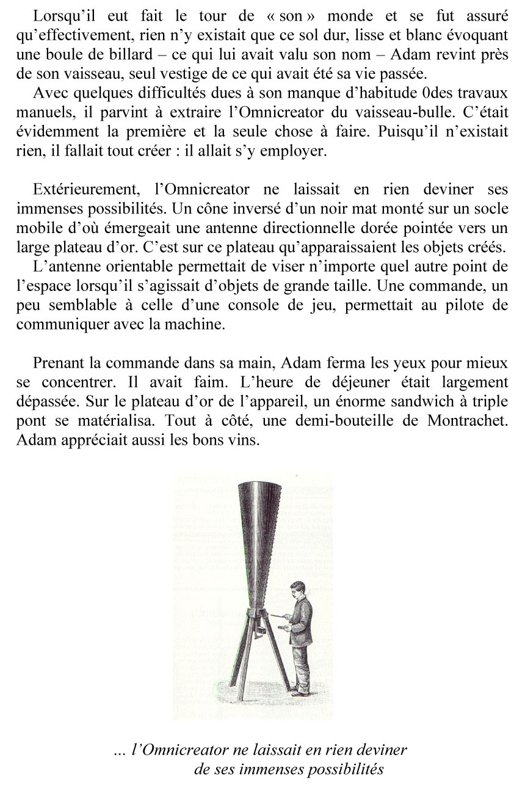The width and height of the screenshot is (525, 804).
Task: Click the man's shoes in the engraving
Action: [x=299, y=692]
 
